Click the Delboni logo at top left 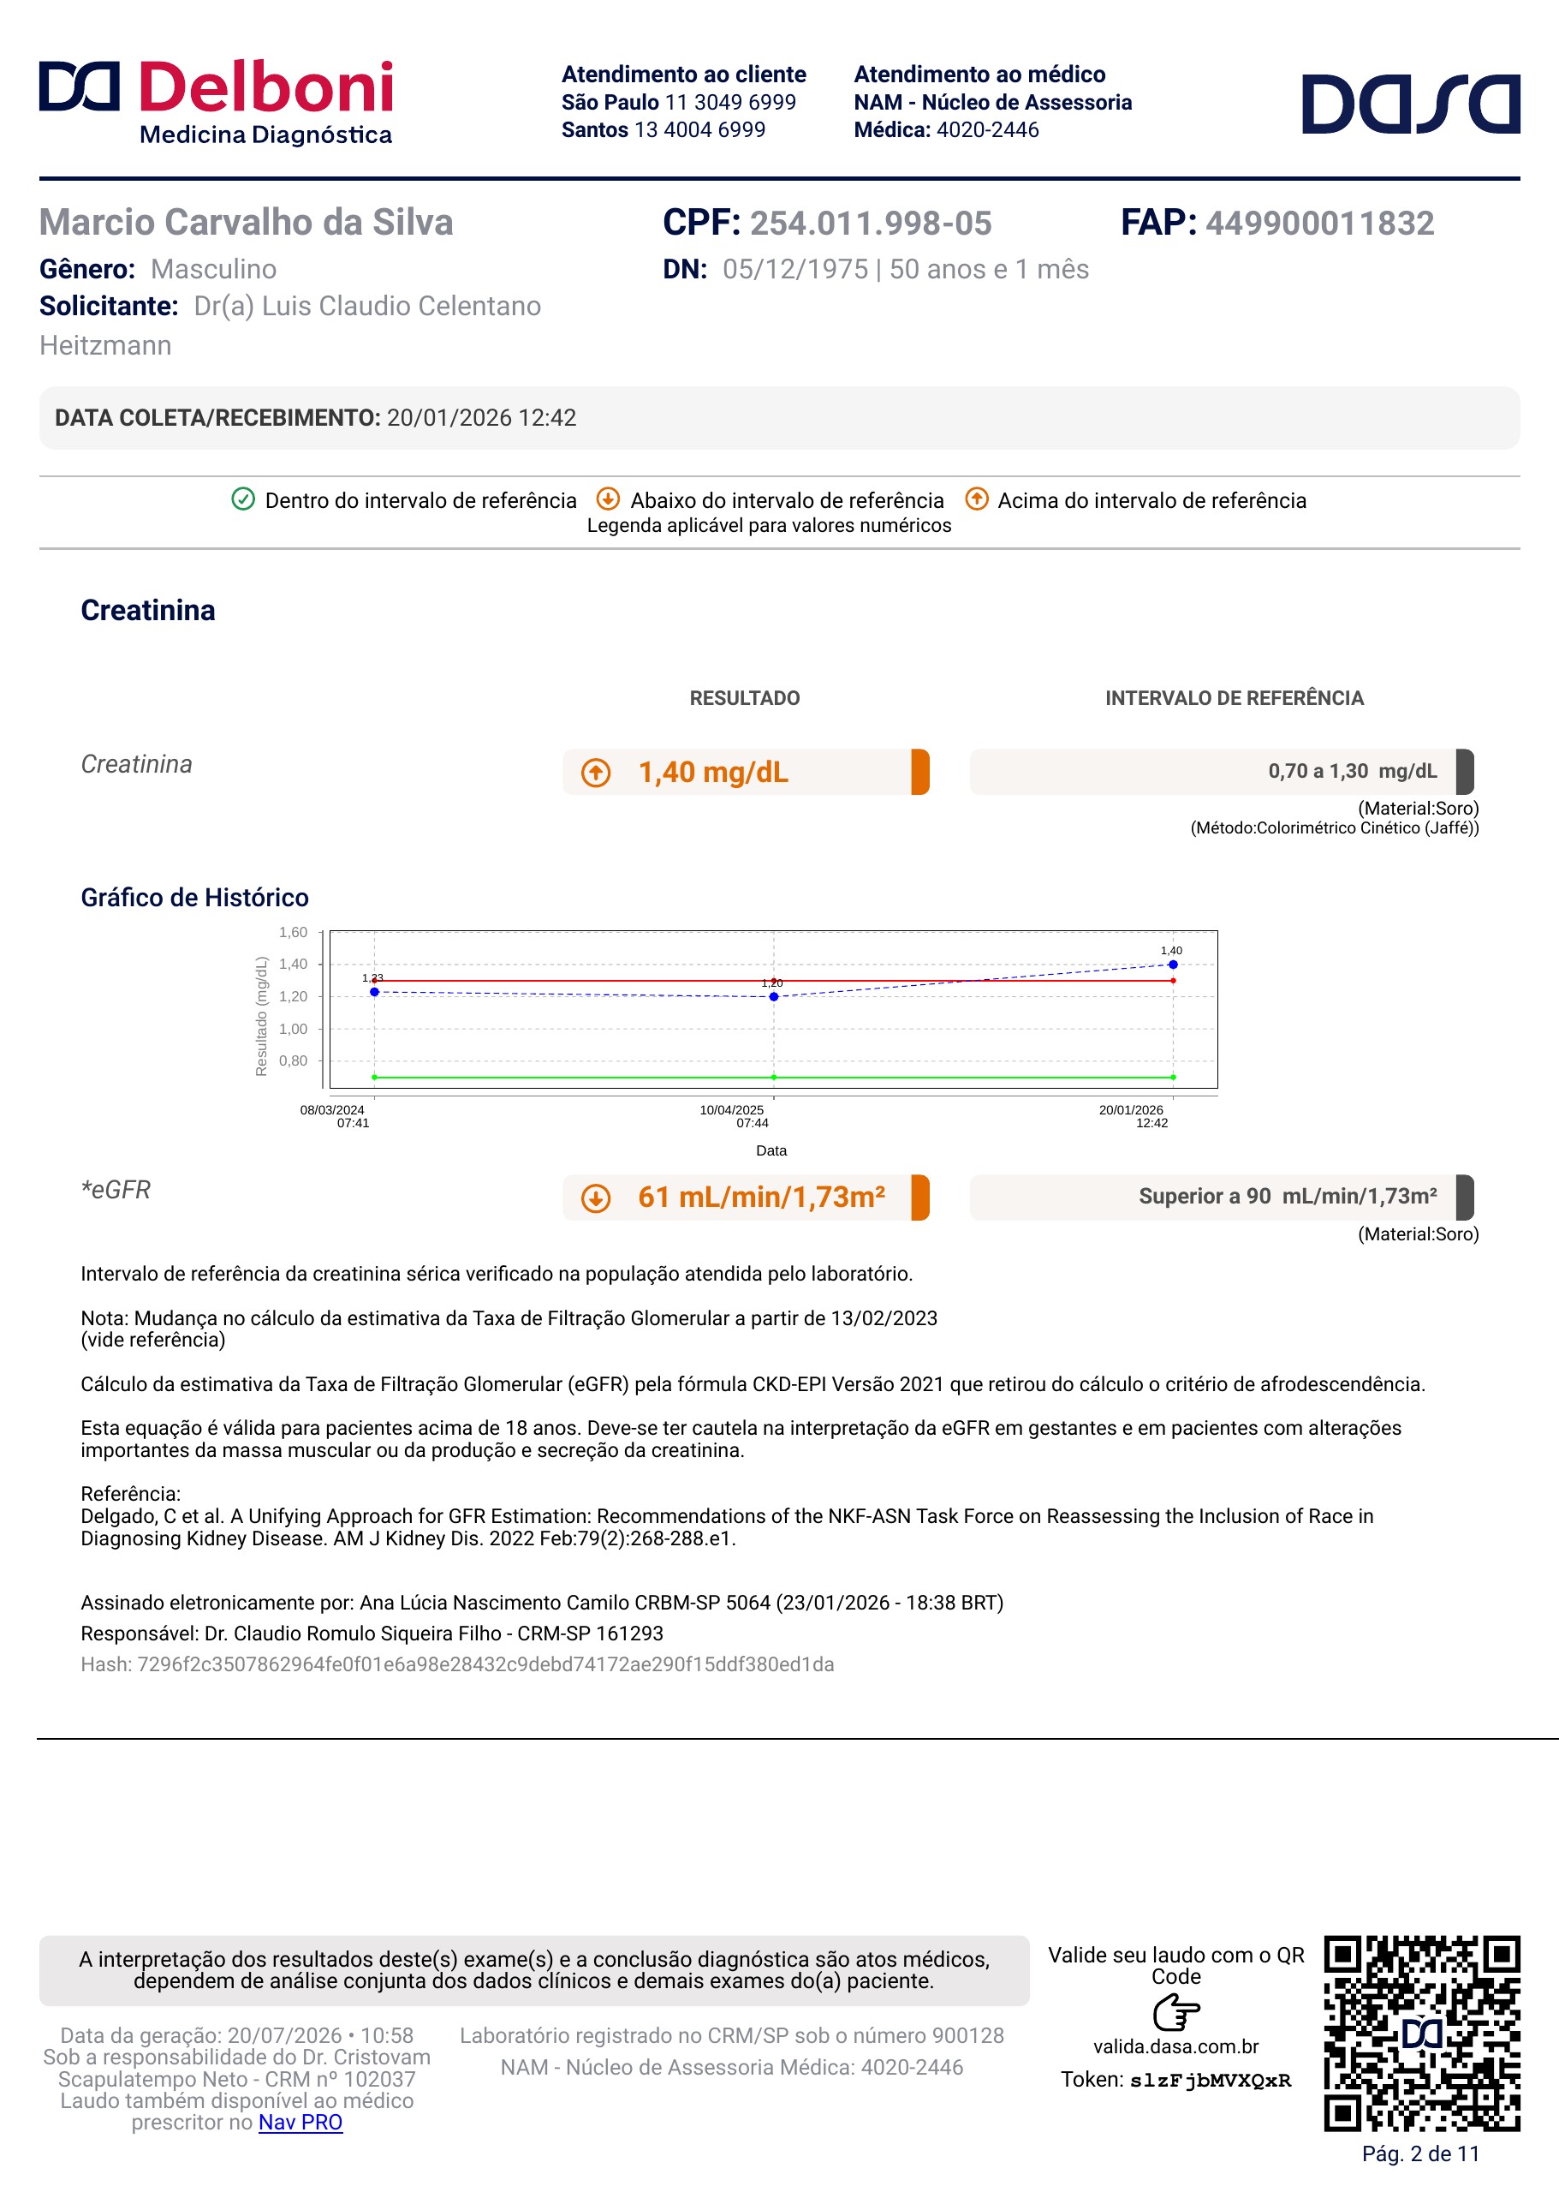pyautogui.click(x=216, y=103)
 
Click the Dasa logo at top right pyautogui.click(x=1410, y=104)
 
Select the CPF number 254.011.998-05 pyautogui.click(x=871, y=223)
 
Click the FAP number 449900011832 pyautogui.click(x=1320, y=223)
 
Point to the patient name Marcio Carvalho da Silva pyautogui.click(x=247, y=223)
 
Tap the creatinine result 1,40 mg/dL pyautogui.click(x=713, y=772)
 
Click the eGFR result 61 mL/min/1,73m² pyautogui.click(x=761, y=1198)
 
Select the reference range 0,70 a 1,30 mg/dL pyautogui.click(x=1353, y=771)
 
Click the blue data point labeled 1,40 pyautogui.click(x=1173, y=965)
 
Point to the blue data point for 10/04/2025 pyautogui.click(x=774, y=997)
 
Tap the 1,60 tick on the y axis pyautogui.click(x=293, y=933)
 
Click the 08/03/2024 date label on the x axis pyautogui.click(x=332, y=1110)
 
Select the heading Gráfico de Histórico pyautogui.click(x=195, y=897)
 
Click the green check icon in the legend pyautogui.click(x=243, y=499)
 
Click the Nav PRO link pyautogui.click(x=300, y=2123)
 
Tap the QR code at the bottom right pyautogui.click(x=1422, y=2033)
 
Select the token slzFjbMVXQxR pyautogui.click(x=1211, y=2081)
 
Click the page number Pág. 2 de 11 pyautogui.click(x=1421, y=2154)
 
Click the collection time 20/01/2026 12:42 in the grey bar pyautogui.click(x=482, y=418)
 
